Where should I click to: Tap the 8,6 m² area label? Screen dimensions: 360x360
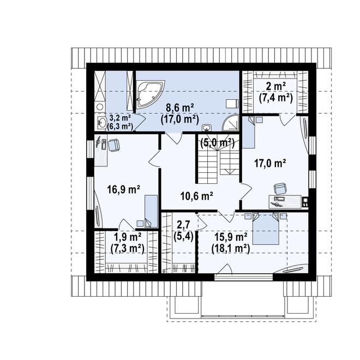[x=181, y=107]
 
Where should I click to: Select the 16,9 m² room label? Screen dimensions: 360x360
[x=123, y=190]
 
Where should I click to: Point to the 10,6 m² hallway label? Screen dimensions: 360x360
[x=197, y=196]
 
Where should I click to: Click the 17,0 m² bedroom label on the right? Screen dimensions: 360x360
[x=270, y=163]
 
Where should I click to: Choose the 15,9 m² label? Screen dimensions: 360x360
[x=231, y=237]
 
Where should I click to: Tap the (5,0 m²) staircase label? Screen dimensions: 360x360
[x=218, y=143]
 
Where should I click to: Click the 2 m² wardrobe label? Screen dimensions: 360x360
[x=276, y=87]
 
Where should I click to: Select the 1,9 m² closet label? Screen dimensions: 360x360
[x=128, y=237]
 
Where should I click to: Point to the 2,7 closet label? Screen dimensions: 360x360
[x=183, y=225]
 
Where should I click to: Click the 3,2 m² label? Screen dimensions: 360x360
[x=120, y=118]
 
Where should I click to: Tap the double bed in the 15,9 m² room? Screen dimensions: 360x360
[x=266, y=229]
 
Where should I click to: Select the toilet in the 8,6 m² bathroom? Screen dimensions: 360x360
[x=232, y=104]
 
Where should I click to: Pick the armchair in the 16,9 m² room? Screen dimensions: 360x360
[x=113, y=145]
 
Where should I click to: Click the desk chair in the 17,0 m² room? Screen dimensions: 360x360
[x=280, y=189]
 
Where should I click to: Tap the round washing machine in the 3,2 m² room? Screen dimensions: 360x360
[x=100, y=107]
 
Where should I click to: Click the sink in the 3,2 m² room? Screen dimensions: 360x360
[x=101, y=122]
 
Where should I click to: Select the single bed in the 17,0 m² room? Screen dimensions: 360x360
[x=249, y=132]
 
